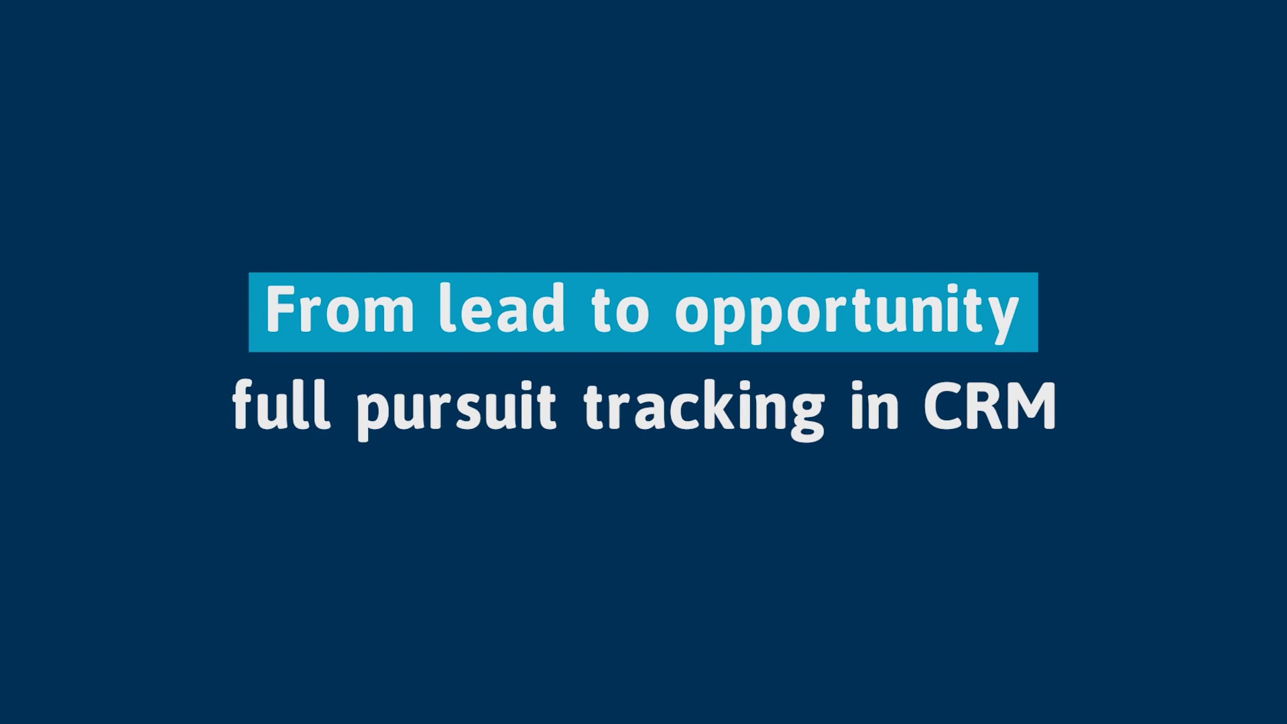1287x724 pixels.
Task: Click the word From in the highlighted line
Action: click(x=340, y=310)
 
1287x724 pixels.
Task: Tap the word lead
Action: click(x=501, y=308)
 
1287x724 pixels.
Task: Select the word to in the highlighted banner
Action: click(x=621, y=312)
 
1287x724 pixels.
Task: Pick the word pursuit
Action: click(x=456, y=409)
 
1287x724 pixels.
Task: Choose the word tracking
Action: click(x=704, y=409)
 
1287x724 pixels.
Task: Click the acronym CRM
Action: click(x=990, y=406)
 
